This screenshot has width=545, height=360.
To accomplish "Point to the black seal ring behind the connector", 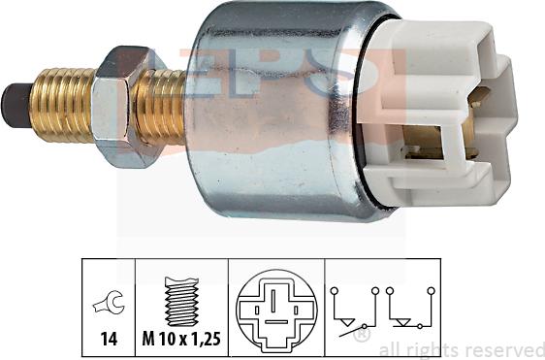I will (x=373, y=116).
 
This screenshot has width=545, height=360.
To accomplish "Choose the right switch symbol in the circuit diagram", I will (x=407, y=311).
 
